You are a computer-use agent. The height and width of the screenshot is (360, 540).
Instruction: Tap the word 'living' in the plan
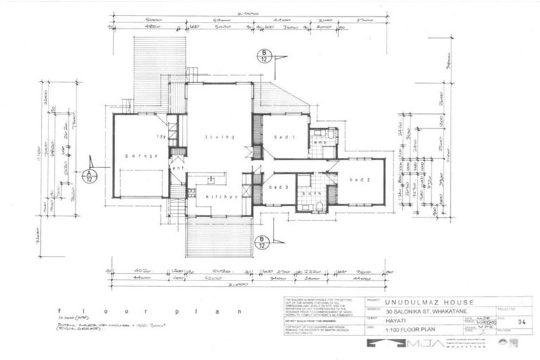pos(215,137)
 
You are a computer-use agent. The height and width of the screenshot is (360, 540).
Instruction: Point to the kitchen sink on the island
pos(211,180)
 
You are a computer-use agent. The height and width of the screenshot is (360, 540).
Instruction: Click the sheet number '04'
pos(520,322)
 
